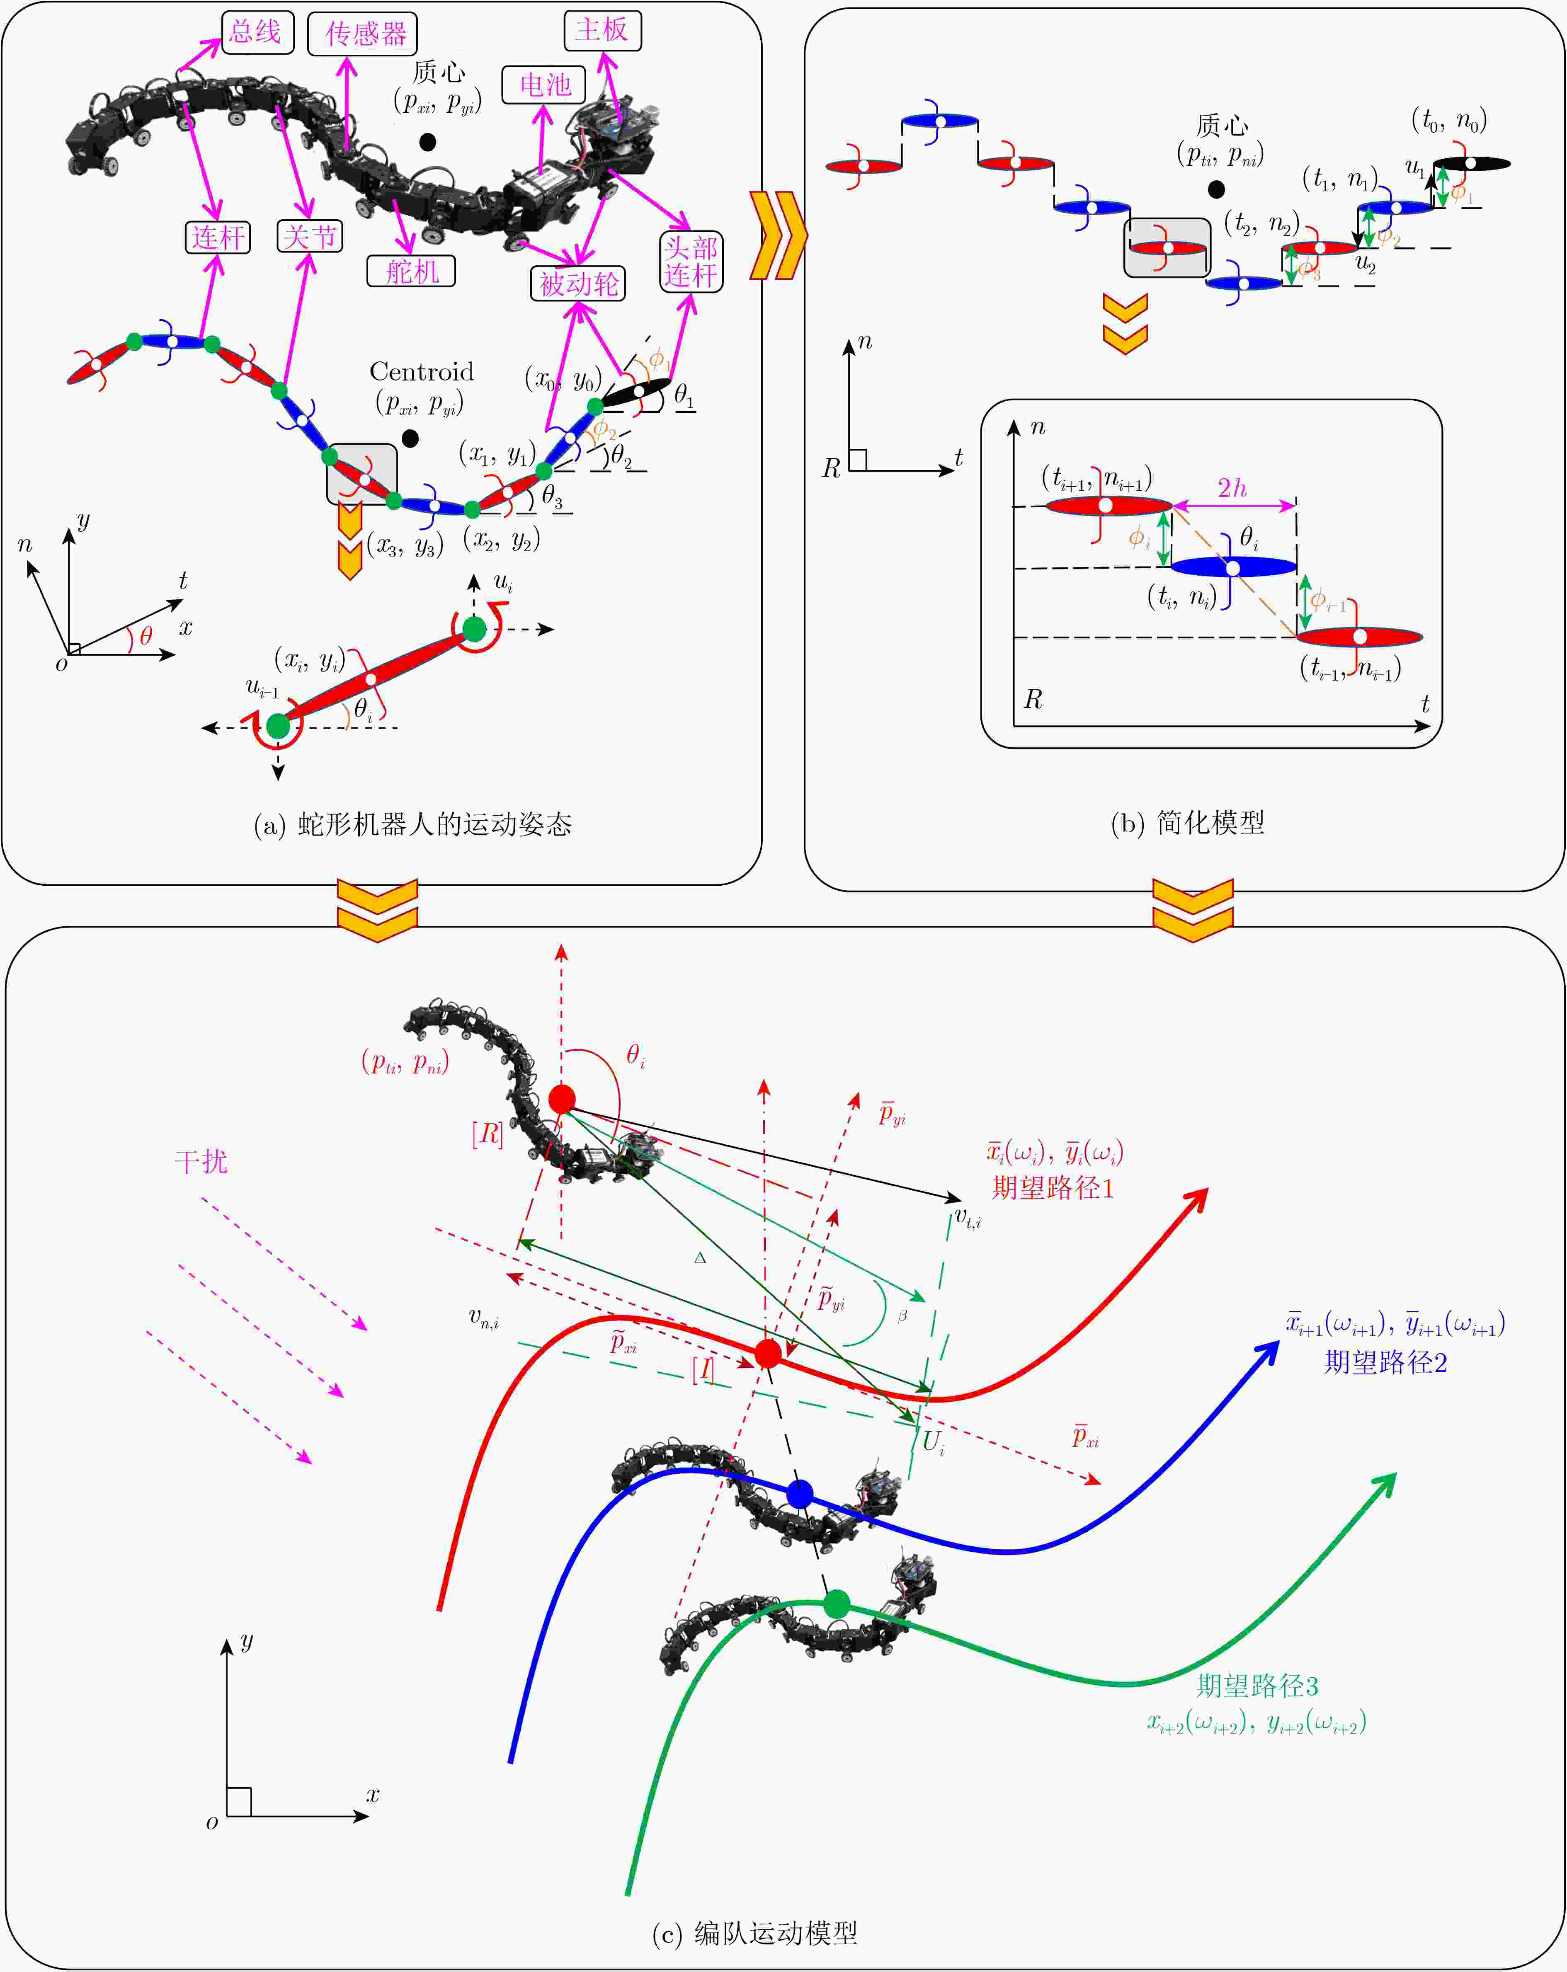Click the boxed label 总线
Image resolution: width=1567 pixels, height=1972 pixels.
pyautogui.click(x=256, y=33)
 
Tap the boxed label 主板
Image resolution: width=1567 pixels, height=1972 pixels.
pyautogui.click(x=602, y=30)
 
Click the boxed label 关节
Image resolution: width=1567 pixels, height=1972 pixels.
pyautogui.click(x=310, y=237)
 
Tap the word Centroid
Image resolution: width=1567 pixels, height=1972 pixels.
pyautogui.click(x=422, y=371)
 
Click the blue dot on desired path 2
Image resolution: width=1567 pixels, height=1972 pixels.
pyautogui.click(x=800, y=1494)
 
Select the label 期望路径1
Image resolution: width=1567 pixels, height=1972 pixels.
pyautogui.click(x=1053, y=1187)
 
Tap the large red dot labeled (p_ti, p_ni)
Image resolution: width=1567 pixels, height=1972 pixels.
pyautogui.click(x=562, y=1098)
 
